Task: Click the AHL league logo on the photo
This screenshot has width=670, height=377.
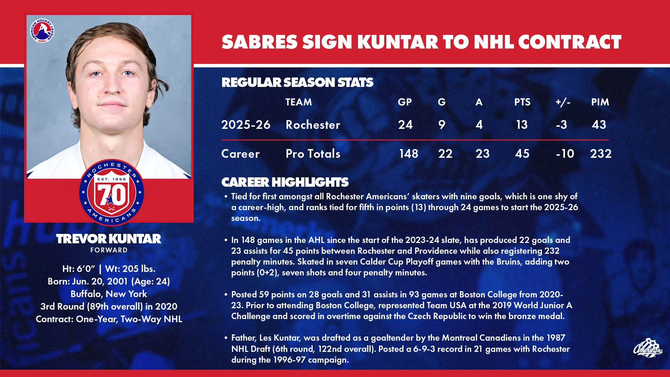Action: [x=42, y=31]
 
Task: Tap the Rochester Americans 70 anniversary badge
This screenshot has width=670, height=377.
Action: [x=111, y=192]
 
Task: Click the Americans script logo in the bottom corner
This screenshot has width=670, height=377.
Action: [x=647, y=348]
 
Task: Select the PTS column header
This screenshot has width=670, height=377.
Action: [x=522, y=102]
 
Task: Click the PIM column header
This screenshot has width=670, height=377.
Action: [x=600, y=102]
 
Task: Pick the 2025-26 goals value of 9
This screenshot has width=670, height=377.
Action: [x=442, y=125]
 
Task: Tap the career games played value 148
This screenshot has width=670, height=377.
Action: [x=408, y=154]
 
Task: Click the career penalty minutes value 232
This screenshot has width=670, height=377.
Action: [x=601, y=154]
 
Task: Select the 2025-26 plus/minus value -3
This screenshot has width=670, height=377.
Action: [x=561, y=125]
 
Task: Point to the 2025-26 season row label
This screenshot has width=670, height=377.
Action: [x=246, y=125]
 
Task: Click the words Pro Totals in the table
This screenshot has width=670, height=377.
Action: [x=313, y=154]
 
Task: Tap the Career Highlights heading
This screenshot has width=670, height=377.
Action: [x=285, y=182]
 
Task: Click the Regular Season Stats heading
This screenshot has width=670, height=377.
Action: [x=297, y=82]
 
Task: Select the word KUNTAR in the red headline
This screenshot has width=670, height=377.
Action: [x=398, y=42]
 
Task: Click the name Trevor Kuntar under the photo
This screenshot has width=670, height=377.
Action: [x=109, y=239]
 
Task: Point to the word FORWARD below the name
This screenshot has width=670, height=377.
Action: [x=109, y=250]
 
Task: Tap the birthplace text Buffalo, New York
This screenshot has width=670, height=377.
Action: [x=109, y=294]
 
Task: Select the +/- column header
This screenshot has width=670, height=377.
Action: [x=563, y=102]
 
